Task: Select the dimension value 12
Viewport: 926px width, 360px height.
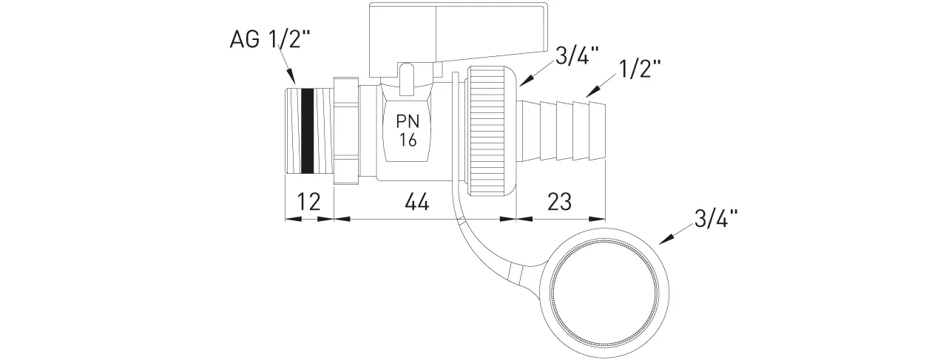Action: coord(308,201)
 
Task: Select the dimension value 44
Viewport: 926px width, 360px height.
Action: coord(417,201)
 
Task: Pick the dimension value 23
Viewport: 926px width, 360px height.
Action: coord(560,201)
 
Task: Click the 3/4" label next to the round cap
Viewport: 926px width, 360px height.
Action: coord(716,219)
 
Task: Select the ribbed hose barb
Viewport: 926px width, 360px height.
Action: coord(566,131)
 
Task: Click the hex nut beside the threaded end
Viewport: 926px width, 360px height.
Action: coord(346,131)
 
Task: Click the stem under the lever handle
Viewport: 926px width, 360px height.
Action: coord(407,81)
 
